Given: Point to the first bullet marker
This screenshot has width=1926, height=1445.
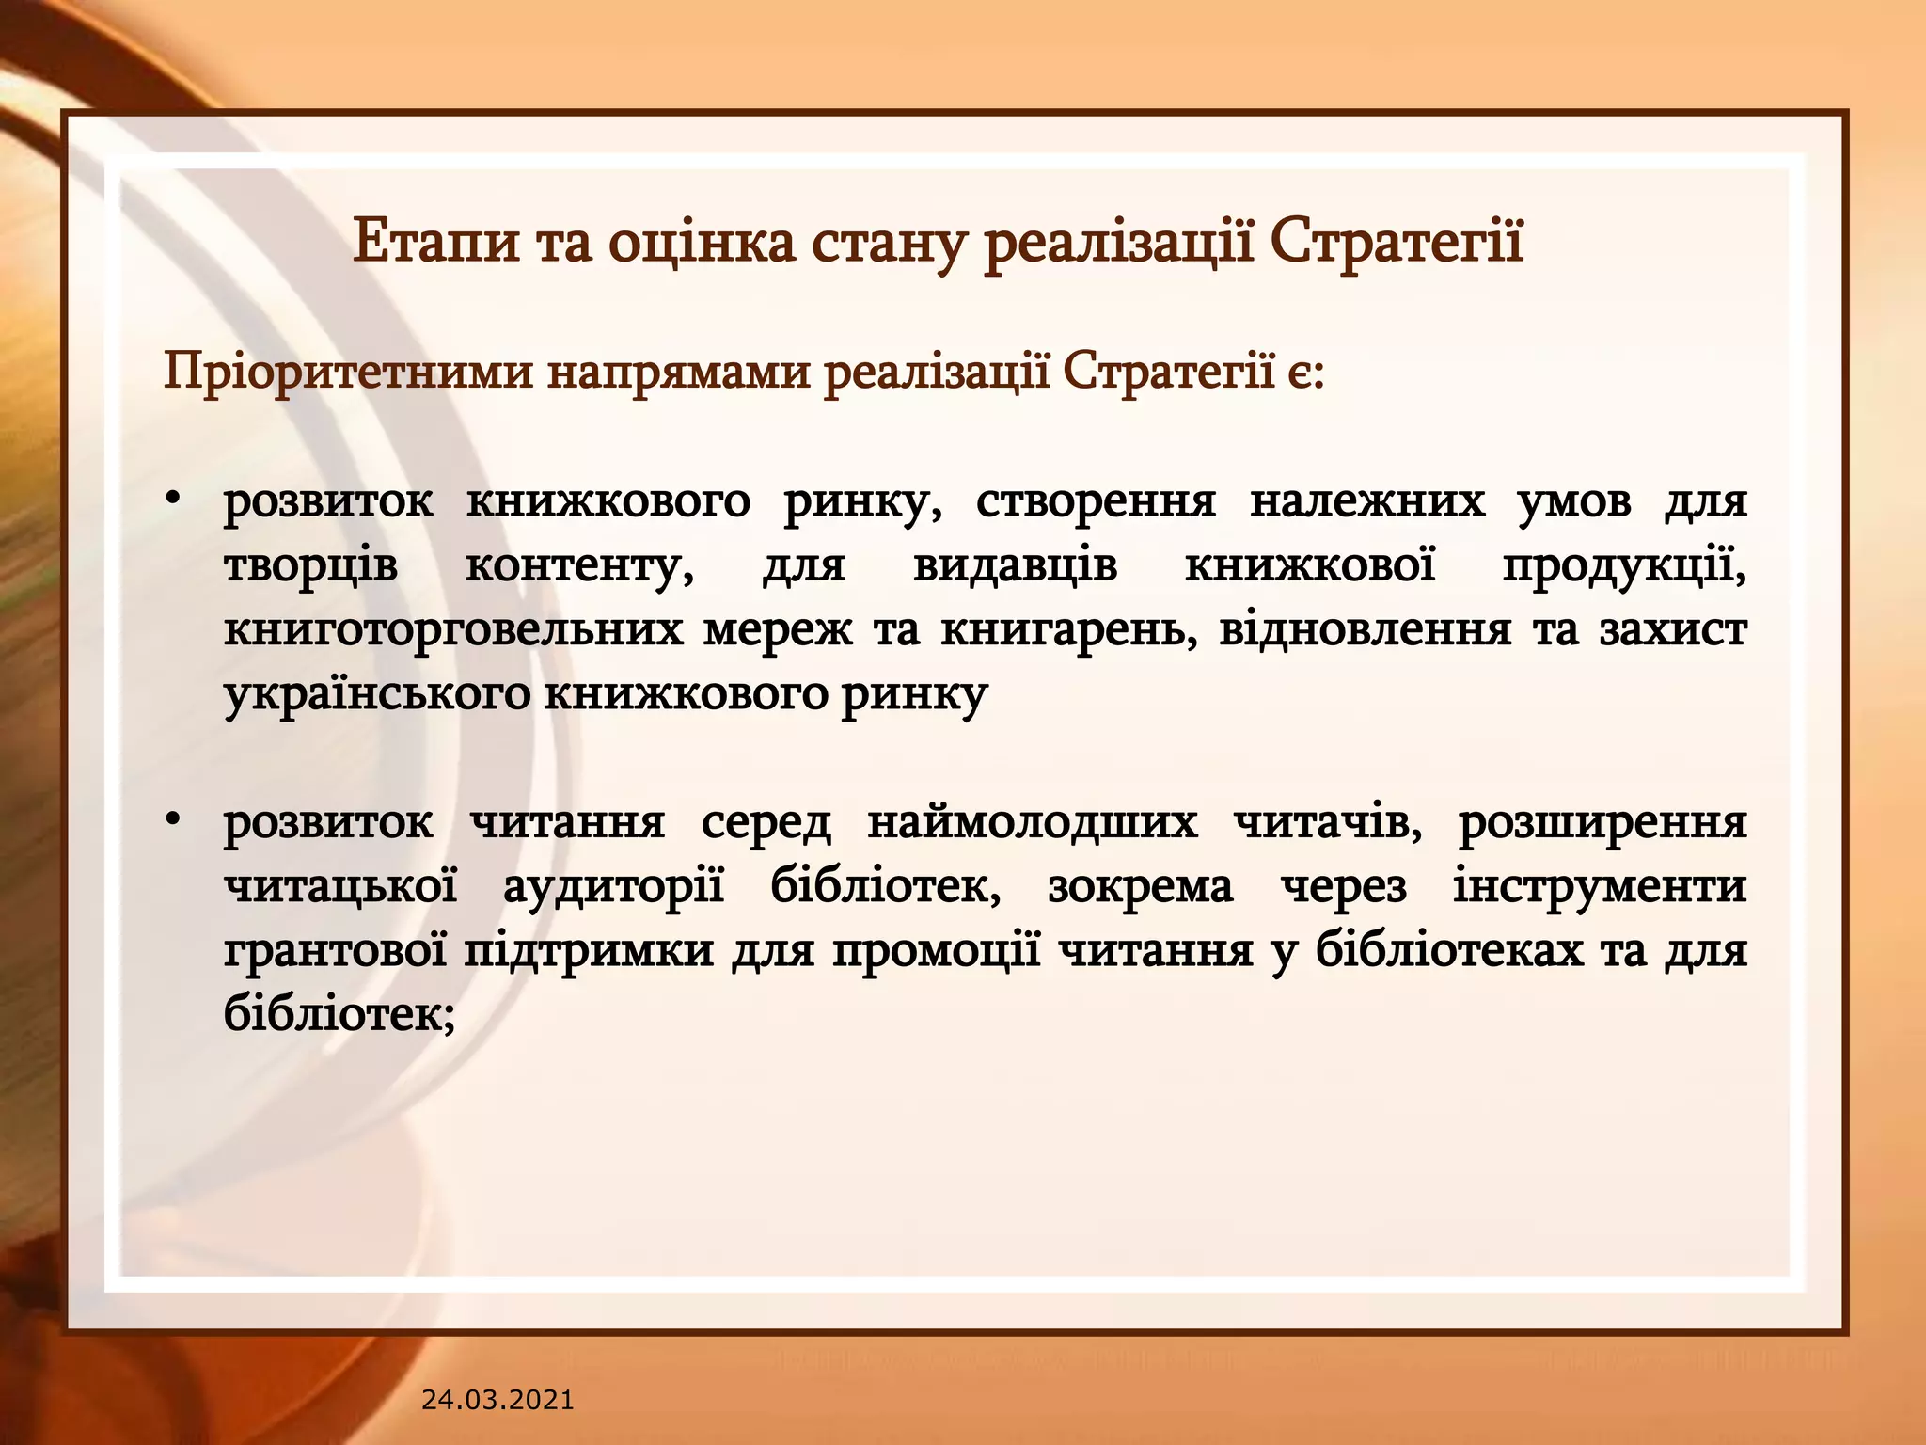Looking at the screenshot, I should pos(172,500).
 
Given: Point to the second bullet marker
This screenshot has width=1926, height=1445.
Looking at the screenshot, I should pos(172,820).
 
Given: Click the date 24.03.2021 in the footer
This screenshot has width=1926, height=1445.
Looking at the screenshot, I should pos(497,1401).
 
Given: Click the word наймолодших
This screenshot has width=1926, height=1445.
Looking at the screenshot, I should pos(1032,823).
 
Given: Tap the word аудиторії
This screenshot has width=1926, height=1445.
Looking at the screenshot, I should pos(613,887).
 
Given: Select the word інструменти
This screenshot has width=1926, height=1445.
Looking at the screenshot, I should pos(1600,887).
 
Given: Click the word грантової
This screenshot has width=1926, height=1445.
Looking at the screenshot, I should pos(335,951).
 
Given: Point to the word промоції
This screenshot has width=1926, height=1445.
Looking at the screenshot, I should pos(936,951).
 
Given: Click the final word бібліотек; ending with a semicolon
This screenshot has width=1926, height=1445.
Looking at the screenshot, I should pos(339,1014).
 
